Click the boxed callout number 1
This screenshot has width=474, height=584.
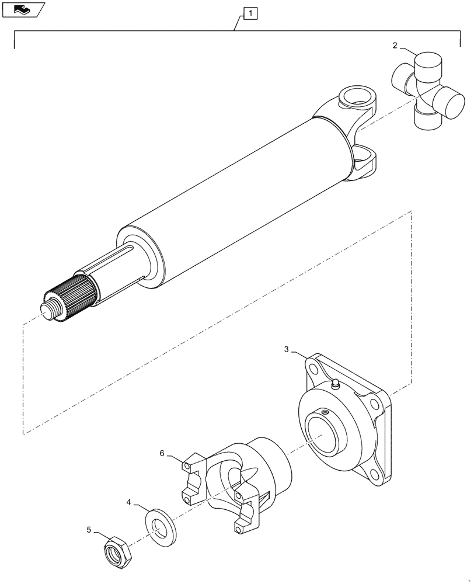click(249, 12)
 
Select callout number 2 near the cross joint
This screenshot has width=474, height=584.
click(395, 45)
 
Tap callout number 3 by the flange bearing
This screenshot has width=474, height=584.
click(287, 349)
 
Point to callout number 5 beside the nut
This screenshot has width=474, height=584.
click(89, 530)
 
